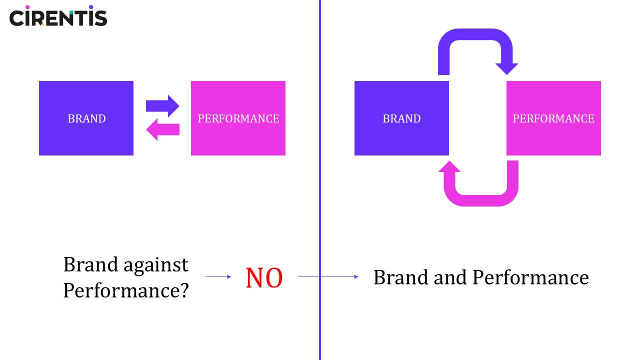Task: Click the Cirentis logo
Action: tap(58, 16)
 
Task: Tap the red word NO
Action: tap(264, 278)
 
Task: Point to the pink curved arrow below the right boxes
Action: tap(480, 200)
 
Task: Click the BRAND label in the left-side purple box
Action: tap(86, 119)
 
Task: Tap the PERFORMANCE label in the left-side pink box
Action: tap(238, 119)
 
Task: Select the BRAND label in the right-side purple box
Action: tap(401, 119)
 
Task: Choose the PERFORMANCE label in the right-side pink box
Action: tap(553, 119)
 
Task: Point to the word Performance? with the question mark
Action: tap(126, 290)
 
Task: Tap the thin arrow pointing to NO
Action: tap(218, 276)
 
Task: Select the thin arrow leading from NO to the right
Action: tap(328, 276)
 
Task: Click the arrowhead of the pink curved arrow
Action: tap(449, 167)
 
